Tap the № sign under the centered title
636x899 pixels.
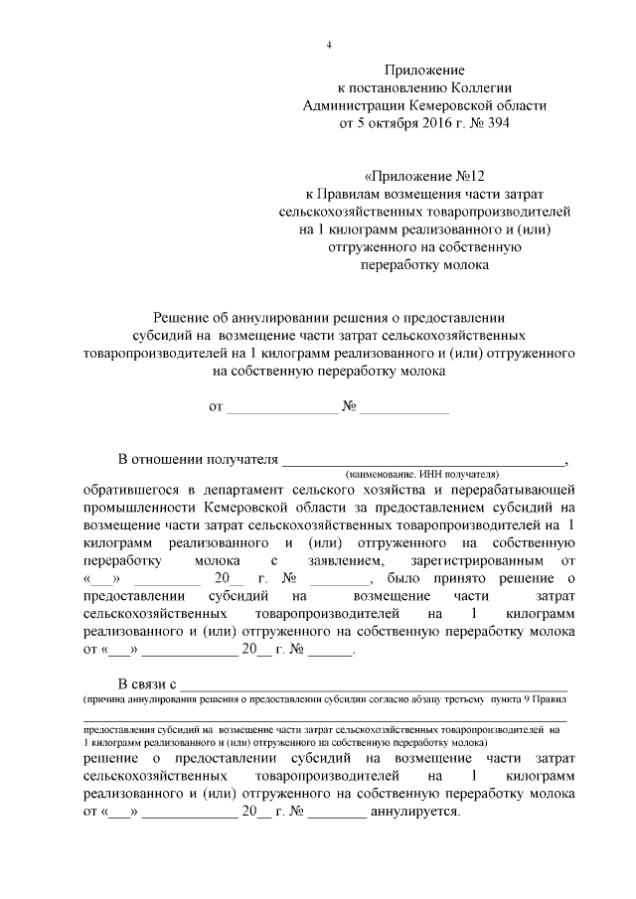coord(350,407)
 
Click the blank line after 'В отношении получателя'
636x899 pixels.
coord(422,460)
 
